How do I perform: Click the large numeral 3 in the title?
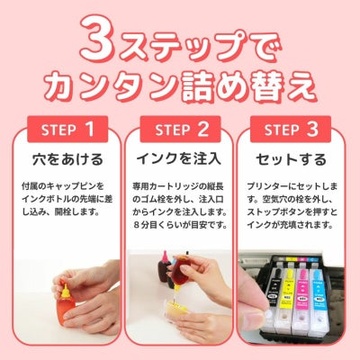point(100,37)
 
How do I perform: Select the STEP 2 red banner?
point(180,130)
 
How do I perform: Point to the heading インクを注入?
point(180,160)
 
